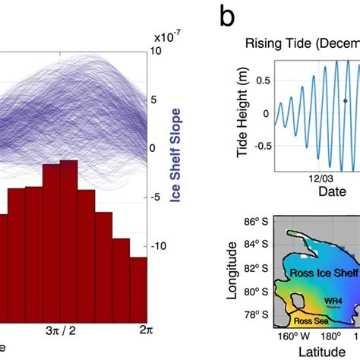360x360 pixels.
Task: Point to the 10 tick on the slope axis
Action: [160, 51]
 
